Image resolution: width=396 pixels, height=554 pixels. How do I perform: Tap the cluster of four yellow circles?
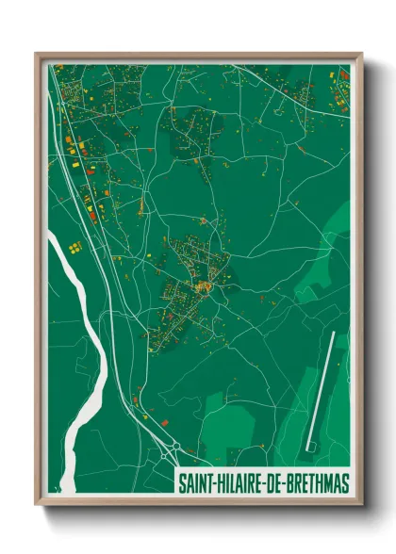coord(74,247)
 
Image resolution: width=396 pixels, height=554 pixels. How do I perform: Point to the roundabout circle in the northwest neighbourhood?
coord(69,140)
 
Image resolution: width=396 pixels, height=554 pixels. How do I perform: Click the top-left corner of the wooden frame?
coord(37,54)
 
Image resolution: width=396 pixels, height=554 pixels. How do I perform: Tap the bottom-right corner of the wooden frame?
coord(361,505)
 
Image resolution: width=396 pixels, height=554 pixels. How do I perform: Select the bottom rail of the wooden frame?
coord(198,501)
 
